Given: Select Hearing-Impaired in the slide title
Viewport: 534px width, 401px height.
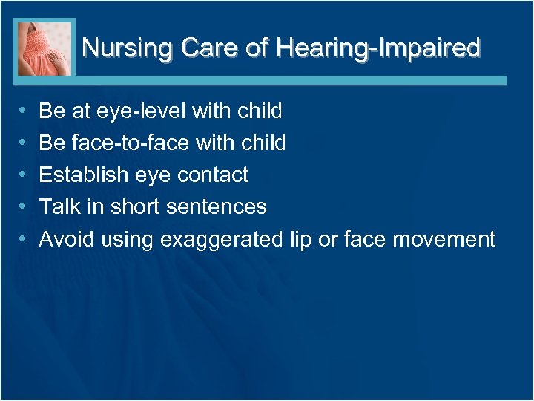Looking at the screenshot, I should [x=378, y=49].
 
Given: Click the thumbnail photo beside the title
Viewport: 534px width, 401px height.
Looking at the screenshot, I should [x=44, y=48].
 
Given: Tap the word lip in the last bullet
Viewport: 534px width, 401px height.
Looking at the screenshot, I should [x=296, y=239].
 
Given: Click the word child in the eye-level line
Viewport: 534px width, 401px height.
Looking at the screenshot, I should [x=260, y=111].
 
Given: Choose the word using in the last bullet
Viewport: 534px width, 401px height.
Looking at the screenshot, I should [x=127, y=239].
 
